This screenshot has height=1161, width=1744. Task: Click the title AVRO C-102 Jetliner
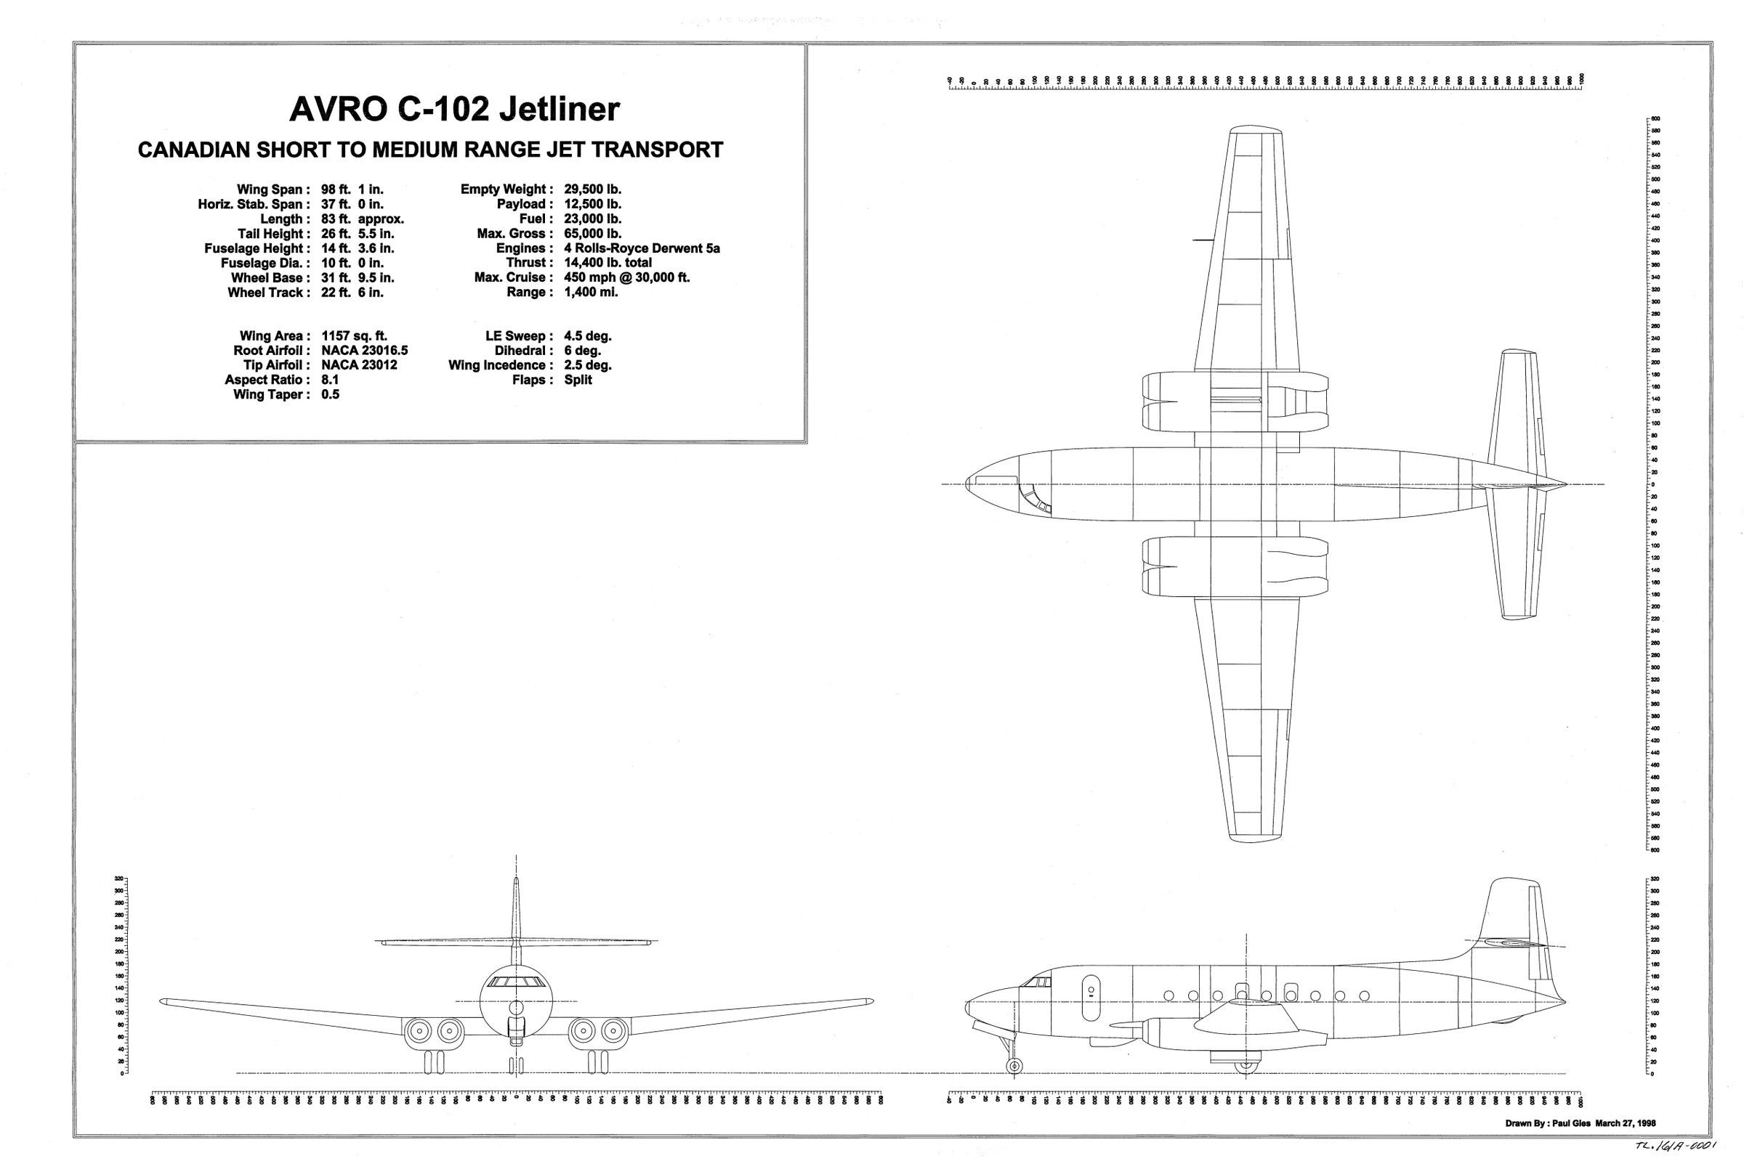[453, 110]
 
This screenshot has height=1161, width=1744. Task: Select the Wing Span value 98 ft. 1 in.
[352, 190]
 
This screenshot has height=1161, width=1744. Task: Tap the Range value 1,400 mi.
[591, 293]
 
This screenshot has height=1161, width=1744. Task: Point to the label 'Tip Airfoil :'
[272, 365]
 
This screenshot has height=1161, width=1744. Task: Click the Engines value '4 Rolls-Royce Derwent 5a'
[642, 248]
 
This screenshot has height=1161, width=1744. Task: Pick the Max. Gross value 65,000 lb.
[592, 234]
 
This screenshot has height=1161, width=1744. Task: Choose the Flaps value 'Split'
[578, 380]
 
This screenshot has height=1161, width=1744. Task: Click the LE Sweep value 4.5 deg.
[587, 336]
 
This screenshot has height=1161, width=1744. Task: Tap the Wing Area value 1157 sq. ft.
[354, 336]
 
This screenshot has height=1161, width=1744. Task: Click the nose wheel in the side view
[1014, 1064]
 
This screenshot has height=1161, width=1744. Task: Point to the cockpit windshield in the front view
[516, 982]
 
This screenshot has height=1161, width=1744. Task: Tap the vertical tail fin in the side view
[1511, 918]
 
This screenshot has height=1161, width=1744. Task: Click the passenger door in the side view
[1091, 987]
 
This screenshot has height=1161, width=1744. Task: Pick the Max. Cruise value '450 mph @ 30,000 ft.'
[627, 277]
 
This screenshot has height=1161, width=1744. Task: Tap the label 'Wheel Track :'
[265, 293]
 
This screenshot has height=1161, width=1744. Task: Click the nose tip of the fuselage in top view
[968, 484]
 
